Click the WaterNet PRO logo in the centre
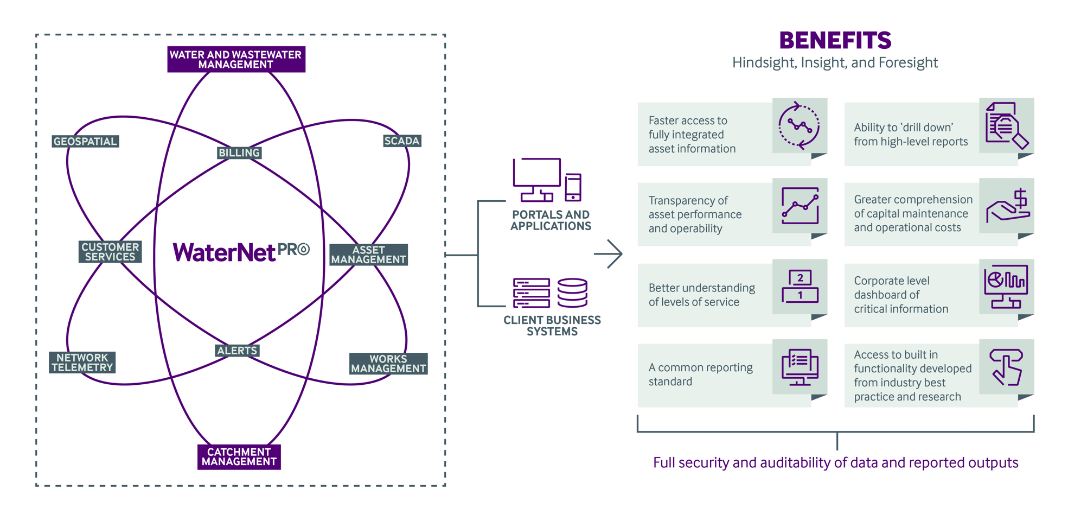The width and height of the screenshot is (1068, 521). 241,252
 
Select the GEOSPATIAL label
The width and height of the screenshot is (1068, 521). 85,141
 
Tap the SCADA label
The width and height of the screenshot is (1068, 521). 402,141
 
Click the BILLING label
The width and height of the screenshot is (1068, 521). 239,153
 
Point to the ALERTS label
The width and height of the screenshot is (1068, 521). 237,351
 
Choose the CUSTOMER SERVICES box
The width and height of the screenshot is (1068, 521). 110,252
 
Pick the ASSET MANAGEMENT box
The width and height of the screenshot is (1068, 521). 369,255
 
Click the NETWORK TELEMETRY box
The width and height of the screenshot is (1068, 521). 82,363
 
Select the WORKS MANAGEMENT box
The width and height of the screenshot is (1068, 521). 388,364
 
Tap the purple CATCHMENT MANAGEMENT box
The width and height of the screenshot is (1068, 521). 239,457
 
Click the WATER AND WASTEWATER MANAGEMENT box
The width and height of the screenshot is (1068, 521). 236,59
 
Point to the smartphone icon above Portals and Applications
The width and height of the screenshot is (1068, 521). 573,187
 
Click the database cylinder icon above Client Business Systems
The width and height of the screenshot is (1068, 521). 572,293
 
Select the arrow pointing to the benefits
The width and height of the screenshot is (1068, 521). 609,253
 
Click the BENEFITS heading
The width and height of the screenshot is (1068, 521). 835,40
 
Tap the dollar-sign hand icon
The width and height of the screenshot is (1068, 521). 1008,206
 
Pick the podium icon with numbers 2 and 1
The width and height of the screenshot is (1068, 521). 800,286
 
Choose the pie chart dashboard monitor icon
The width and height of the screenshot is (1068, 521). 1006,286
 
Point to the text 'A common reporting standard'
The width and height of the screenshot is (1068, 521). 700,374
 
